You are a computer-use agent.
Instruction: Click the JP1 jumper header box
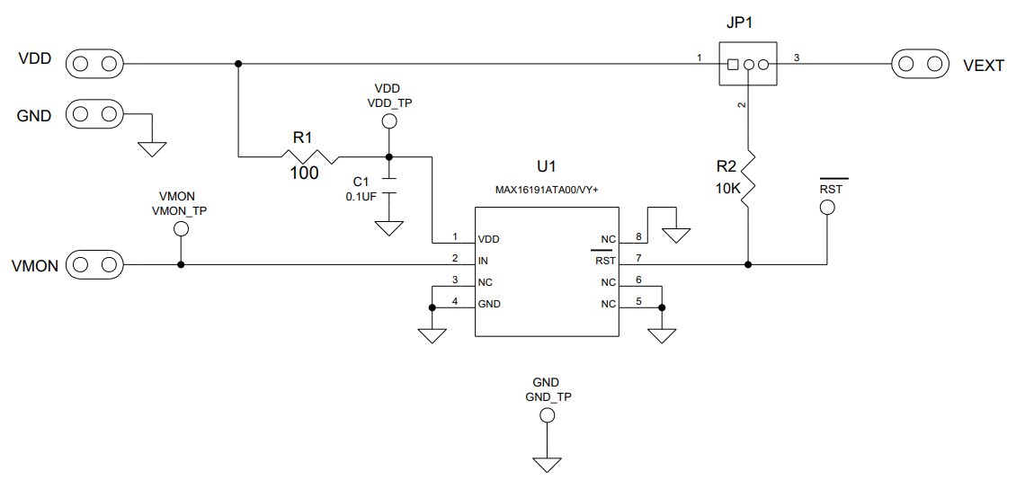point(747,65)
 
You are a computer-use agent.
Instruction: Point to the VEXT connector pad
point(920,64)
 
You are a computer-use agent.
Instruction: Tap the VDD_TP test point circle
point(389,121)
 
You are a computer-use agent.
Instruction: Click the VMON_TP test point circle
point(181,228)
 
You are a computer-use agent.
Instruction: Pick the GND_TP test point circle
point(546,415)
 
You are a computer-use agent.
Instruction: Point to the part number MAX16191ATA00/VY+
point(547,191)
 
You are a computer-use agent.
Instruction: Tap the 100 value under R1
point(303,173)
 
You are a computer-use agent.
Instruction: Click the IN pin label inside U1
point(484,262)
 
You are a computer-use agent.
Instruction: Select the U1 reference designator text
point(547,167)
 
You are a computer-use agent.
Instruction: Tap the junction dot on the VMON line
point(181,265)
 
